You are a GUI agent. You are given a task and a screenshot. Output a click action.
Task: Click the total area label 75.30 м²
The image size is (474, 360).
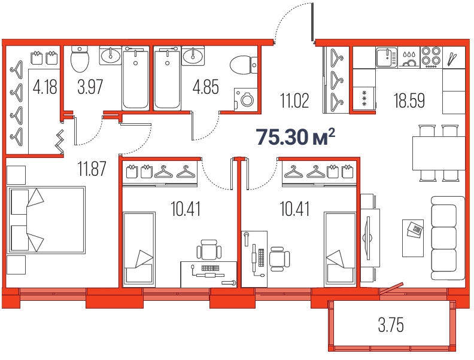[x=296, y=136]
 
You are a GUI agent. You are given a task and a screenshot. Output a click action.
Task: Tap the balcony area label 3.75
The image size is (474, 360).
[x=391, y=325]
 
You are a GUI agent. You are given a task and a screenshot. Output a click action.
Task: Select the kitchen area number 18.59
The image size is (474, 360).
[x=409, y=100]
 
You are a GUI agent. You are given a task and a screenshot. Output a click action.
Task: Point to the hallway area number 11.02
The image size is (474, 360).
[x=294, y=100]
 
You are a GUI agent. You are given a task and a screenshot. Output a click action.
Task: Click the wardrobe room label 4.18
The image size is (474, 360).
[x=45, y=87]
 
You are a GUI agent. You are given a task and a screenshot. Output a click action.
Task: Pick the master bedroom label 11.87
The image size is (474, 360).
[x=92, y=169]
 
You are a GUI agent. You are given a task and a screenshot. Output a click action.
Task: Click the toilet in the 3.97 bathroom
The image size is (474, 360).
[x=80, y=59]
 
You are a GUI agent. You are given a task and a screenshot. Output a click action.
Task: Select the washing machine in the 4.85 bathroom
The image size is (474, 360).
[x=246, y=100]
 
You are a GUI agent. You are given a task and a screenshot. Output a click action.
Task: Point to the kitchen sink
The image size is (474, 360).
[x=387, y=57]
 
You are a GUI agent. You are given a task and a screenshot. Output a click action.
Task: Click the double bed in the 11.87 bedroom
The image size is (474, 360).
[x=46, y=220]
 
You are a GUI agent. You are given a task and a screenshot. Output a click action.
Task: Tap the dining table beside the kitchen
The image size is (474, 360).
[x=439, y=153]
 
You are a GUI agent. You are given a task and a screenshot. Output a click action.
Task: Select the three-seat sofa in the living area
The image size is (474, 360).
[x=448, y=238]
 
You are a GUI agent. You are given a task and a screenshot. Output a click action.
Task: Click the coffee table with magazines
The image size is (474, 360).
[x=412, y=238]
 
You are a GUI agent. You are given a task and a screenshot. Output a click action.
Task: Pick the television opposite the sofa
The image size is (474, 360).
[x=368, y=238]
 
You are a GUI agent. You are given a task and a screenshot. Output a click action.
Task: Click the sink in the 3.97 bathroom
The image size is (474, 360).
[x=110, y=55]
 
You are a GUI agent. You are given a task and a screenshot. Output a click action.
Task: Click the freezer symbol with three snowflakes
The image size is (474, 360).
[x=364, y=98]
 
